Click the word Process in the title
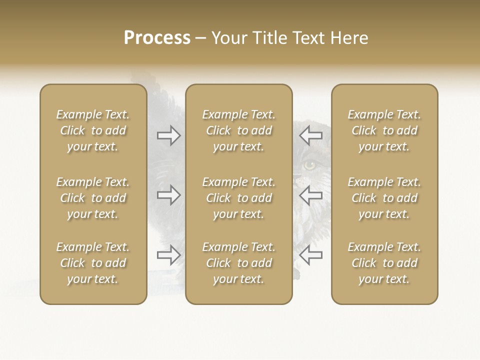pyautogui.click(x=157, y=38)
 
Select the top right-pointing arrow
pyautogui.click(x=169, y=135)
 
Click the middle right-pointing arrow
pyautogui.click(x=169, y=195)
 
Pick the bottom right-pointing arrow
pyautogui.click(x=169, y=255)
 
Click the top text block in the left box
pyautogui.click(x=93, y=130)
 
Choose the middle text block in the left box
pyautogui.click(x=93, y=198)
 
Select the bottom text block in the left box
pyautogui.click(x=93, y=263)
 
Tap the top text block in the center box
pyautogui.click(x=239, y=130)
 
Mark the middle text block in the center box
pyautogui.click(x=239, y=198)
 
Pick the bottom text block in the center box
pyautogui.click(x=239, y=263)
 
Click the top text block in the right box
pyautogui.click(x=384, y=130)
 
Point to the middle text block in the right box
pyautogui.click(x=384, y=198)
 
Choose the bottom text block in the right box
pyautogui.click(x=384, y=263)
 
